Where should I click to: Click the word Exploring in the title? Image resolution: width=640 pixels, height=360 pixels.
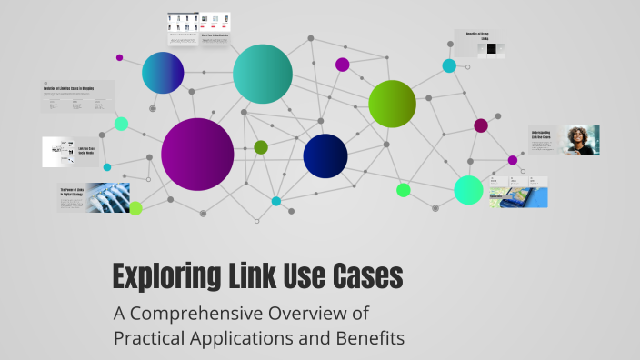[x=160, y=275]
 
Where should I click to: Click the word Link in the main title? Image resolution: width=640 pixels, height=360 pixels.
[x=242, y=275]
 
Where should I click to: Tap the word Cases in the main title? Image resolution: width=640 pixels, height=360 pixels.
[x=365, y=275]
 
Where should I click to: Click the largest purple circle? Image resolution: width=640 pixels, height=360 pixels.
[x=197, y=154]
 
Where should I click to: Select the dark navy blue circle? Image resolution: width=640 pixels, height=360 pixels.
[x=325, y=155]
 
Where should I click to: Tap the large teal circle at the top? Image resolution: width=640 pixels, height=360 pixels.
[x=263, y=74]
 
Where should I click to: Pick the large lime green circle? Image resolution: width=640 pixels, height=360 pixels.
[x=392, y=103]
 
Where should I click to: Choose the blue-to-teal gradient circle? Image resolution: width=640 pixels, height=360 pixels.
[x=163, y=73]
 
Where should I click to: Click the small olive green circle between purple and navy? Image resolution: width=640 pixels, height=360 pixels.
[x=261, y=147]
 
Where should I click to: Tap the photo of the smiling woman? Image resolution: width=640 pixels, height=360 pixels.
[x=581, y=140]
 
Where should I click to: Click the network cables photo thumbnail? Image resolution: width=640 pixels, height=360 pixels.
[x=107, y=197]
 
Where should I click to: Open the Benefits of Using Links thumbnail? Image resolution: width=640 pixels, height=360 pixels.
[x=480, y=44]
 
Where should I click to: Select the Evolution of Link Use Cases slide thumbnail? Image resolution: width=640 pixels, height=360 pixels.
[x=78, y=97]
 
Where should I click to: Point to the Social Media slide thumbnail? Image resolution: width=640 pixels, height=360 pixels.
[x=70, y=151]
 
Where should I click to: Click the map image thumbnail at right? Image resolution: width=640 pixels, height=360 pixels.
[x=517, y=193]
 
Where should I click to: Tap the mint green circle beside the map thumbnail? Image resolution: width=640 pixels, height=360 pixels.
[x=468, y=190]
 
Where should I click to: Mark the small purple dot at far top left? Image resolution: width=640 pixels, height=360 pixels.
[x=119, y=57]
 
